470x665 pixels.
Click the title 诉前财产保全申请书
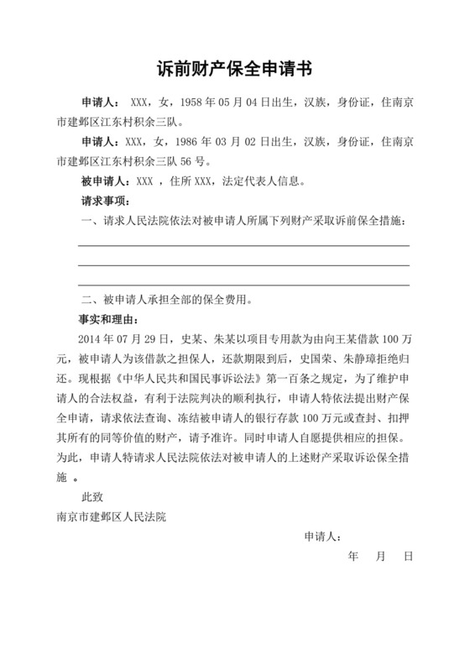pyautogui.click(x=235, y=67)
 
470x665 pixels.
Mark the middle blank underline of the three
pyautogui.click(x=243, y=265)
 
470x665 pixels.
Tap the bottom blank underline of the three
pyautogui.click(x=243, y=285)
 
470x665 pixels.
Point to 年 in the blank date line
pyautogui.click(x=352, y=557)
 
